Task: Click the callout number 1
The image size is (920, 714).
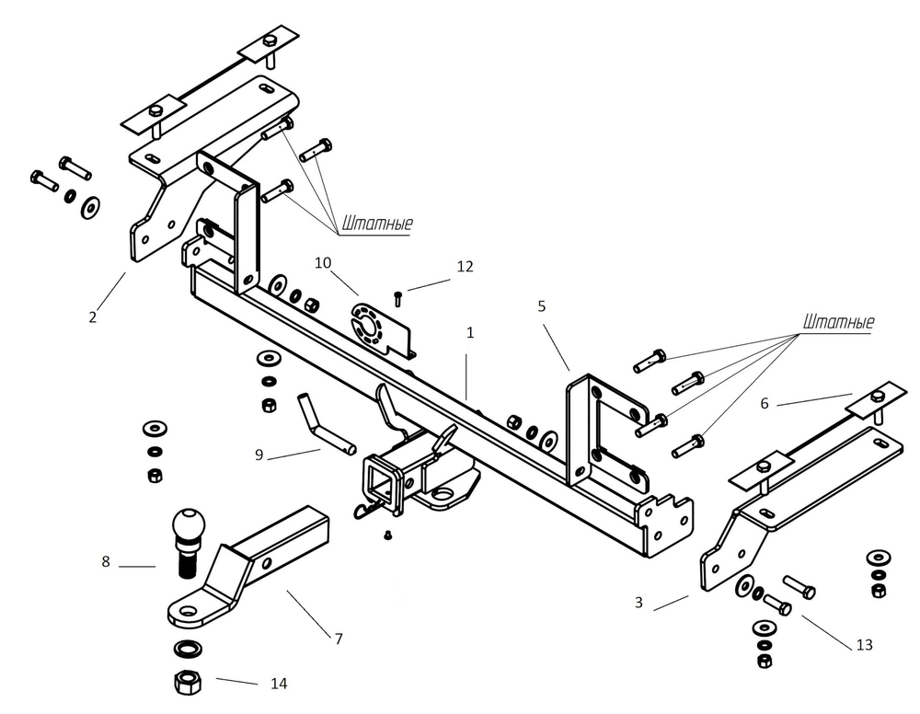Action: click(x=469, y=333)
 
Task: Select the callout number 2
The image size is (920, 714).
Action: click(x=93, y=317)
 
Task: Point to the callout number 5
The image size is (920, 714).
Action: click(x=542, y=305)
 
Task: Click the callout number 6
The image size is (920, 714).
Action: click(x=765, y=403)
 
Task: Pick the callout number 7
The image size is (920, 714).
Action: click(x=339, y=638)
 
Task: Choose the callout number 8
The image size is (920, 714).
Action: click(x=106, y=561)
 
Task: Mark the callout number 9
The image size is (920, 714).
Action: click(x=259, y=455)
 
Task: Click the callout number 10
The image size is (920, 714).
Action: click(x=322, y=263)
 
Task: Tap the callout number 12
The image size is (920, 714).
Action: click(x=465, y=267)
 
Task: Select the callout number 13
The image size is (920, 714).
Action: click(x=864, y=645)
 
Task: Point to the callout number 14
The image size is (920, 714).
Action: click(x=279, y=684)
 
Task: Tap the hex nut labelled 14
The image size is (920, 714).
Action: click(x=188, y=683)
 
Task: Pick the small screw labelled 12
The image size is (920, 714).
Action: click(x=397, y=298)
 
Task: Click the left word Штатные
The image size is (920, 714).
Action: click(x=377, y=224)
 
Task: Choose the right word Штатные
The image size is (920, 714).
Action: click(x=838, y=323)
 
